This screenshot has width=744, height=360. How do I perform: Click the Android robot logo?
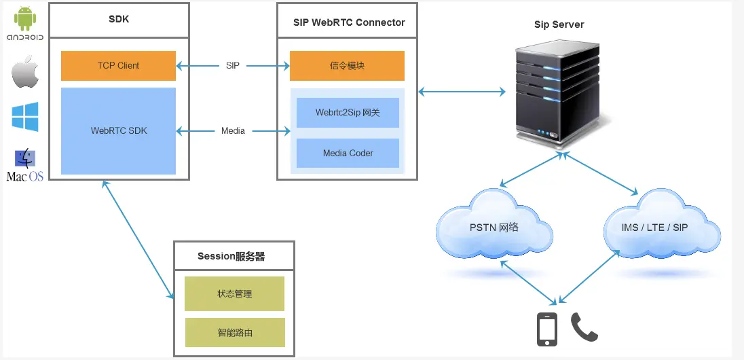(x=25, y=18)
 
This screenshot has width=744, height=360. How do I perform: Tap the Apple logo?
(x=25, y=72)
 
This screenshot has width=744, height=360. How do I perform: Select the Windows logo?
(x=25, y=117)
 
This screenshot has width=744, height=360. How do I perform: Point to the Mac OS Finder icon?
(x=25, y=158)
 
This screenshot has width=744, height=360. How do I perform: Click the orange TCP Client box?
(x=118, y=66)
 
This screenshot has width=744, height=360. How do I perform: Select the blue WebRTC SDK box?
(x=118, y=130)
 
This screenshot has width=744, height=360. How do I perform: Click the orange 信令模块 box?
(x=347, y=66)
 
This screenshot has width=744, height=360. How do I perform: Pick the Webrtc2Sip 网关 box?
(x=348, y=113)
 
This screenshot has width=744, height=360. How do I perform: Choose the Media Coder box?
(x=348, y=154)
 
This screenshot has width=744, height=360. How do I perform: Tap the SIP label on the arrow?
(x=233, y=66)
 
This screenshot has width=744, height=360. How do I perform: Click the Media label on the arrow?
(x=233, y=130)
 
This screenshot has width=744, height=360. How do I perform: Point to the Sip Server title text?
(x=559, y=24)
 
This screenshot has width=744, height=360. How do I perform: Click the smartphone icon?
(x=547, y=329)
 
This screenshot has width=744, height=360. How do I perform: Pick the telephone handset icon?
(x=584, y=327)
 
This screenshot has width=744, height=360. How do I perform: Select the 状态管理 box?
(x=234, y=294)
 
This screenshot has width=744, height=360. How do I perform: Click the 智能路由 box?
(x=234, y=333)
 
